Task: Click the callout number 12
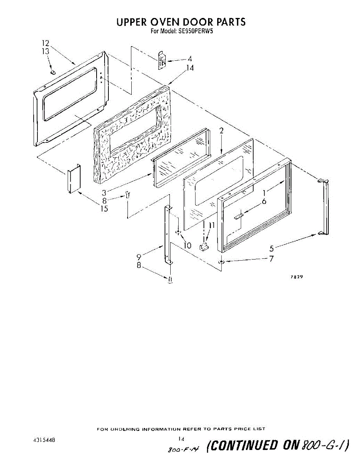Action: [46, 43]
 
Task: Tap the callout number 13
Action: [46, 52]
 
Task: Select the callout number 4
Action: [190, 59]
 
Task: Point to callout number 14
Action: [190, 68]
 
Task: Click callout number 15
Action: [104, 208]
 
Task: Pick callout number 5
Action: [272, 248]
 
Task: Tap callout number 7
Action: [271, 259]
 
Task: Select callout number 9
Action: [139, 257]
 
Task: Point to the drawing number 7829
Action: [297, 277]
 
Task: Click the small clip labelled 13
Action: [53, 72]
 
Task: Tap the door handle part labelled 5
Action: [323, 207]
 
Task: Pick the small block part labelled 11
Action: [204, 246]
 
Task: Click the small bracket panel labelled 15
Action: [74, 178]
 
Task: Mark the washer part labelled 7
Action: [221, 262]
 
